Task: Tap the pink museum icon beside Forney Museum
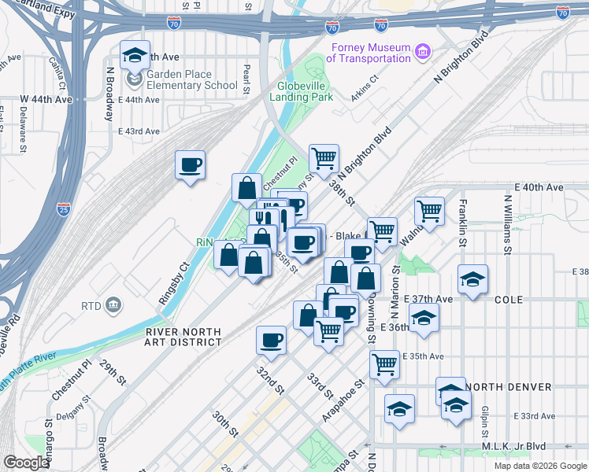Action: point(424,52)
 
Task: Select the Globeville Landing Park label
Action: point(305,91)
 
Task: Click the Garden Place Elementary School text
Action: point(191,80)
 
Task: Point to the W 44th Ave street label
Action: point(46,100)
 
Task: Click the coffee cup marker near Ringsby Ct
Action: point(190,165)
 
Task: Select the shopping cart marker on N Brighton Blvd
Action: point(324,158)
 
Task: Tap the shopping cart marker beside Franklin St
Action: point(429,210)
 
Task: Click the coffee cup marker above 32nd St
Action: point(271,340)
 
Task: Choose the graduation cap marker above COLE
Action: point(472,279)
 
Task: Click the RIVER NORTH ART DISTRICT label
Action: point(183,337)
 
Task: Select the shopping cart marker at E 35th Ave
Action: point(384,363)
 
